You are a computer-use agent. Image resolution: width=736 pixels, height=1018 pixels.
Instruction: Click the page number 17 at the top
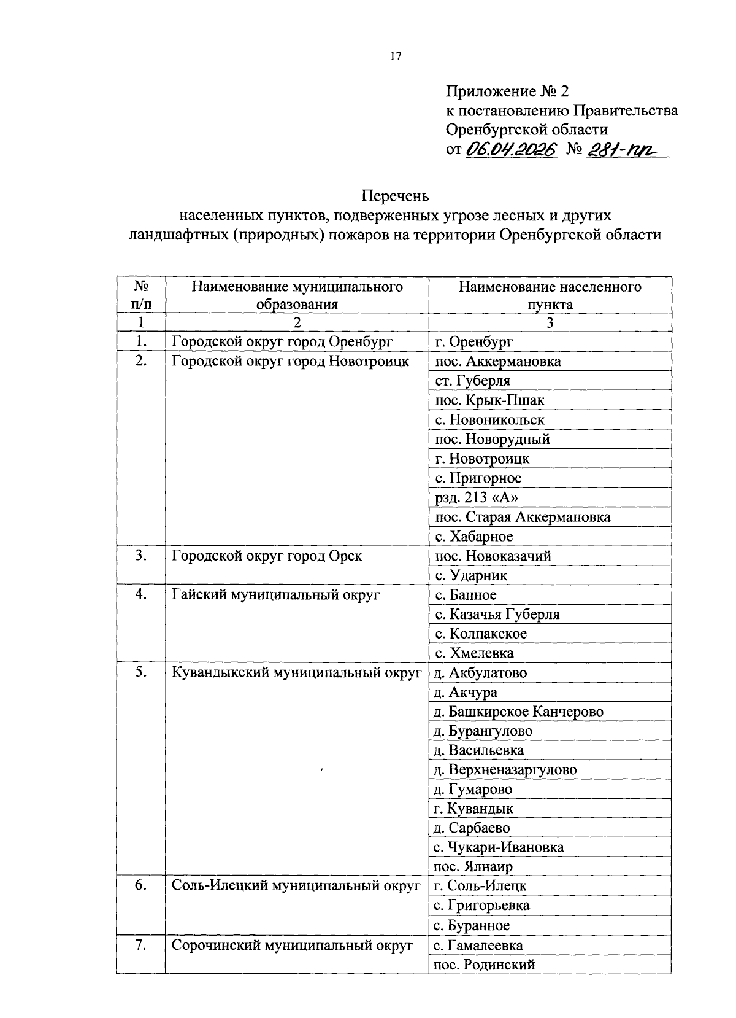click(x=396, y=56)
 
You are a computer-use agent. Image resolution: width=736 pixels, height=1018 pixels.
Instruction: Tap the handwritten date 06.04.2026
click(x=510, y=150)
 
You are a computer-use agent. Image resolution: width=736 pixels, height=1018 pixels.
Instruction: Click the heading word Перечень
click(x=396, y=196)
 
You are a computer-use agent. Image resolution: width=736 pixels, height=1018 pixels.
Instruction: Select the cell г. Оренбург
click(x=473, y=342)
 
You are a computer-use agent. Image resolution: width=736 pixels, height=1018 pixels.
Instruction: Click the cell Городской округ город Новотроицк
click(x=290, y=361)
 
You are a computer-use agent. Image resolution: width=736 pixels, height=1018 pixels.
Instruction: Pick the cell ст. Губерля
click(x=472, y=381)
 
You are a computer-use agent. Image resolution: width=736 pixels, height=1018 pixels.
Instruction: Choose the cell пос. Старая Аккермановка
click(x=523, y=517)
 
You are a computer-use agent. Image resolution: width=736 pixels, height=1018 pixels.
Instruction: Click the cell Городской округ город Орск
click(x=267, y=556)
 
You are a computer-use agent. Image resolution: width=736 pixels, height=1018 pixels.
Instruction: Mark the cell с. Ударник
click(x=471, y=575)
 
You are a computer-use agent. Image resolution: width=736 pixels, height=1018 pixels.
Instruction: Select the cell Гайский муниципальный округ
click(x=275, y=595)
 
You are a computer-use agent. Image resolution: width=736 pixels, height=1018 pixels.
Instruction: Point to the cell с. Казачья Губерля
click(x=497, y=614)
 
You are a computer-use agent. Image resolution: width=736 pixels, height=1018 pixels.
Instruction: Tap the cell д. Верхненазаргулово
click(x=505, y=770)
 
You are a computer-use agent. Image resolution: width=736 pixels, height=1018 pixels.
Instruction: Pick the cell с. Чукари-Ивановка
click(x=499, y=848)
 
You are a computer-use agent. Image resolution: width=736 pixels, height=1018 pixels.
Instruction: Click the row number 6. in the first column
click(x=141, y=886)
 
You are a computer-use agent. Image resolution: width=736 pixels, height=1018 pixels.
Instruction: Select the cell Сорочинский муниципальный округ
click(x=292, y=946)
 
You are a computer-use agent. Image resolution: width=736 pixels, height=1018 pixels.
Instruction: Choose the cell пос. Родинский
click(x=484, y=965)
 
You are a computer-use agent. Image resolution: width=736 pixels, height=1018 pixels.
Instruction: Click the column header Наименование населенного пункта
click(x=550, y=295)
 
